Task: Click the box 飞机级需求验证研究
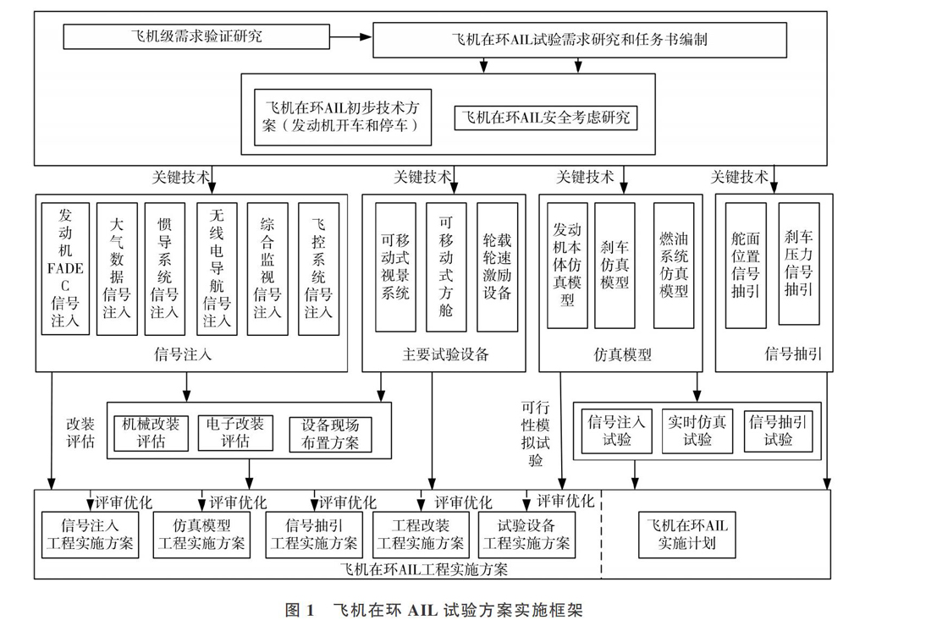(x=196, y=36)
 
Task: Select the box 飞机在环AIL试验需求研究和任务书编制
(x=579, y=40)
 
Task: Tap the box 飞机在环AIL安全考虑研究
(x=546, y=118)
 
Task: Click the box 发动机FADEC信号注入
(x=65, y=268)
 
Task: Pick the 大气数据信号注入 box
(x=117, y=268)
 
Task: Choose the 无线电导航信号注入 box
(x=217, y=268)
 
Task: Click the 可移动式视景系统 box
(x=395, y=267)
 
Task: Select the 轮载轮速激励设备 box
(x=497, y=267)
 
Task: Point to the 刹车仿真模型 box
(x=615, y=266)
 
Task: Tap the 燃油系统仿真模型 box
(x=674, y=266)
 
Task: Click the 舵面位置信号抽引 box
(x=746, y=266)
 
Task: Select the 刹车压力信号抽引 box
(x=799, y=263)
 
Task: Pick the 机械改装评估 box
(x=151, y=433)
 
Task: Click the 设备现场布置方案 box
(x=330, y=434)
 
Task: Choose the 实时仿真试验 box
(x=697, y=431)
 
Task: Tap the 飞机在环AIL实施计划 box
(x=686, y=535)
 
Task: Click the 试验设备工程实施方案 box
(x=526, y=535)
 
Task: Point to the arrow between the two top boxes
(x=351, y=37)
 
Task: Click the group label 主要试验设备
(x=445, y=354)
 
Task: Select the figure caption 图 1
(x=300, y=610)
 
